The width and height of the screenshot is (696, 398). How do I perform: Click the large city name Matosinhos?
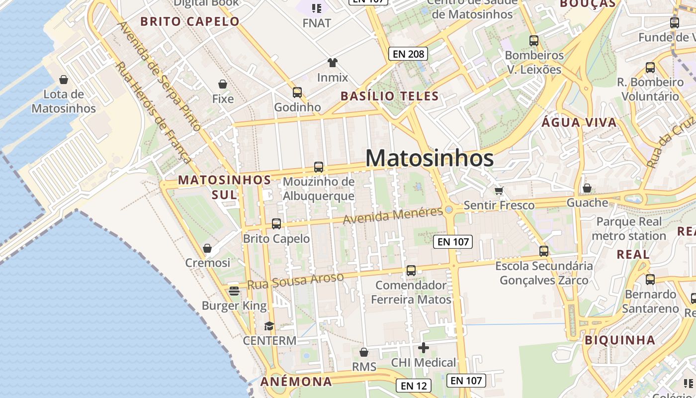430,158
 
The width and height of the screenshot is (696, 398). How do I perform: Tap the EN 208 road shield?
408,54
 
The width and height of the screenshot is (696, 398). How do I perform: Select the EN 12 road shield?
414,386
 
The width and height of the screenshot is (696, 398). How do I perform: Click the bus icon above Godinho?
297,92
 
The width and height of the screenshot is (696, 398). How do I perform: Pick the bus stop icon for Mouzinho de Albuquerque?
319,167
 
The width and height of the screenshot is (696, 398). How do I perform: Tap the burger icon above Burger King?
234,291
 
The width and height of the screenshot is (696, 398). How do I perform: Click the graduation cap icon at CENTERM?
269,326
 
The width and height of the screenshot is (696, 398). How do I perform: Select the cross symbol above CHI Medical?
424,348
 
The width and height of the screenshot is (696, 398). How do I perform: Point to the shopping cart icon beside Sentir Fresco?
499,190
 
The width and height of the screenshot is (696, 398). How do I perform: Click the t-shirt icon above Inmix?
333,63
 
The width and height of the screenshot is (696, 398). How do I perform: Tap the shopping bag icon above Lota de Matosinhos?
64,80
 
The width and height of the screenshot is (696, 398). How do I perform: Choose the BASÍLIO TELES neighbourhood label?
389,96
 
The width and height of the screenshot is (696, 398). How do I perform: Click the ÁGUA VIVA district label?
579,122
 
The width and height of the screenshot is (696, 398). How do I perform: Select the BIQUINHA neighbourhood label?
620,340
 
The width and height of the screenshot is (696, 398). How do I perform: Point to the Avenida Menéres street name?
393,216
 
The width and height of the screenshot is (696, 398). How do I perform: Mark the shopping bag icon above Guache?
587,188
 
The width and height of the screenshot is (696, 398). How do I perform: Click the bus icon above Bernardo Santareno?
650,280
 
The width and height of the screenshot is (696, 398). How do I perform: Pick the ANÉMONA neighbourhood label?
296,382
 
